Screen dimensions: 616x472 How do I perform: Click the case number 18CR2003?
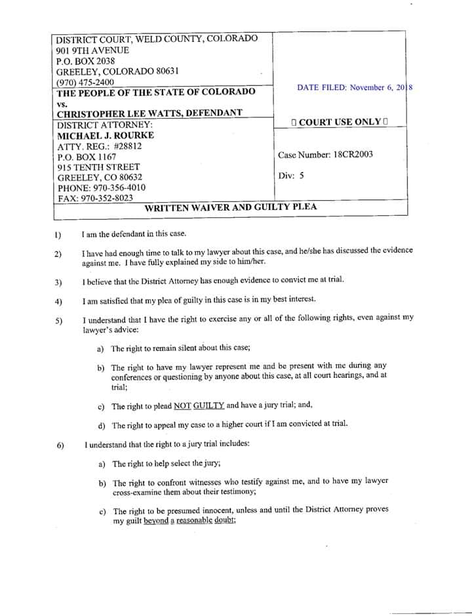click(353, 155)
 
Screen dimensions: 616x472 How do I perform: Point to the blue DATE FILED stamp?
click(354, 88)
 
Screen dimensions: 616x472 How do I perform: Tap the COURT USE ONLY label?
click(340, 122)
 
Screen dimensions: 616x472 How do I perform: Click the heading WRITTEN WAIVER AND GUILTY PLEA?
click(230, 207)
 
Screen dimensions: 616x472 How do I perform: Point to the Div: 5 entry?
click(291, 176)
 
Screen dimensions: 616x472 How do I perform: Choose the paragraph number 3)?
click(58, 283)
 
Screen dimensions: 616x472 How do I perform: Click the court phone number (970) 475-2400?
click(85, 82)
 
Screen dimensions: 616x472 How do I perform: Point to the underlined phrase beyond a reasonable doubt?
click(189, 520)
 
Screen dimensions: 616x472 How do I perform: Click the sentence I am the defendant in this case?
click(134, 234)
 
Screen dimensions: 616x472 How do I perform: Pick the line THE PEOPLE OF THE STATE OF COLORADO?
click(156, 92)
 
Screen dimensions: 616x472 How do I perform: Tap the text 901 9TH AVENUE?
click(92, 51)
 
